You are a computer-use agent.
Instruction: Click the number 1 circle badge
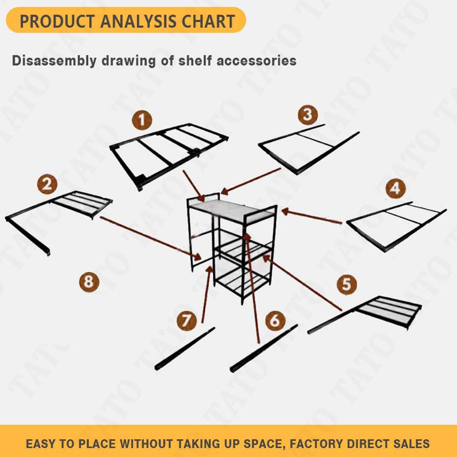[142, 120]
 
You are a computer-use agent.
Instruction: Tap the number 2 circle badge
[47, 184]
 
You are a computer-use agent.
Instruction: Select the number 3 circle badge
[308, 115]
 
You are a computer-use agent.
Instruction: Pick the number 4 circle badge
[395, 189]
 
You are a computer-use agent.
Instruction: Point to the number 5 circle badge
[347, 284]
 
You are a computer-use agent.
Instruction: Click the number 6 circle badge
[276, 320]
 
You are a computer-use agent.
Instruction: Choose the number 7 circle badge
[187, 320]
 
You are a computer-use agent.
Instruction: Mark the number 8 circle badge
[89, 282]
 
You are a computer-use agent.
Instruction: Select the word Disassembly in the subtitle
[54, 61]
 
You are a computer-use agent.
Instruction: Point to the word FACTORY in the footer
[318, 444]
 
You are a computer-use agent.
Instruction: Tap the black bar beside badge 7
[185, 349]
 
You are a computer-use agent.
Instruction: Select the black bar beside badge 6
[264, 348]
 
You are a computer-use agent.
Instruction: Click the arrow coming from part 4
[312, 216]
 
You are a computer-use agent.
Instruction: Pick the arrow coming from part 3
[250, 181]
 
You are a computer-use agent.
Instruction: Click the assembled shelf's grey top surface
[232, 210]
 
